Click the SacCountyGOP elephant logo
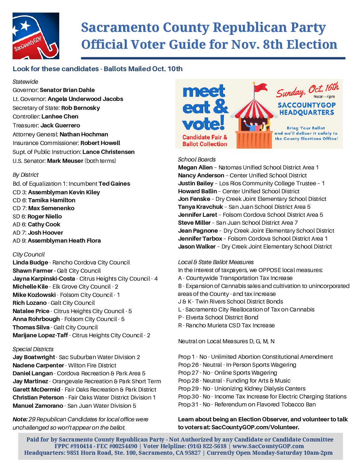tap(36, 36)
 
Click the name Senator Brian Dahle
tap(67, 90)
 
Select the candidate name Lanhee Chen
tap(60, 117)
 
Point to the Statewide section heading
tap(25, 82)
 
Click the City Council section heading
tap(28, 255)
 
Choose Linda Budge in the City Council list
tap(30, 262)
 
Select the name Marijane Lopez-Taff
tap(40, 335)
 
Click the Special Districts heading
tap(33, 349)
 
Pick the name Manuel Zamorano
tap(38, 406)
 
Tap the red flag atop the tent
tap(262, 87)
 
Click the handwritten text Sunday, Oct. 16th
tap(307, 90)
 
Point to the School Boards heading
tap(197, 160)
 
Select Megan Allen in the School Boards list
tap(195, 167)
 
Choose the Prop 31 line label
tap(188, 404)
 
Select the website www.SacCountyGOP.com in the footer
tap(268, 446)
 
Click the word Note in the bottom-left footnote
tap(20, 419)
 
